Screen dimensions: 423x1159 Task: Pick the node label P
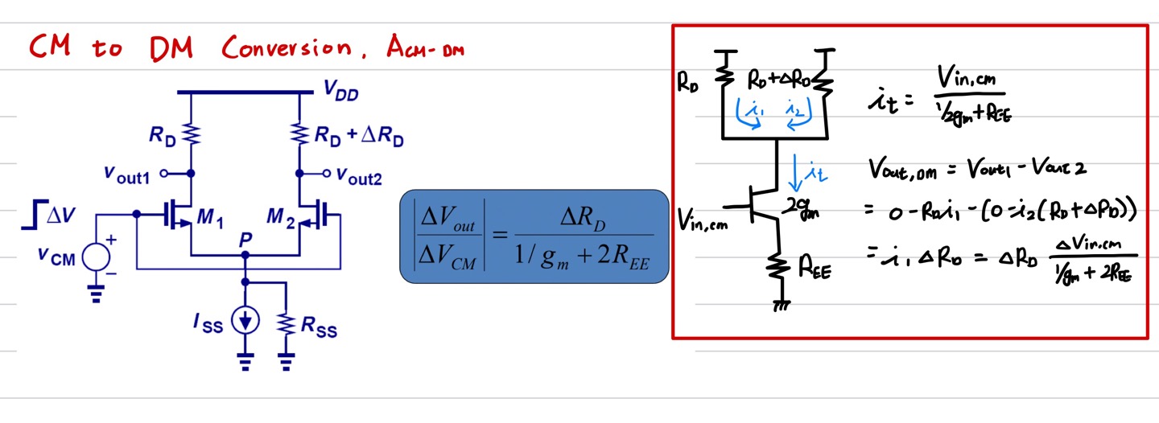pyautogui.click(x=246, y=240)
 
